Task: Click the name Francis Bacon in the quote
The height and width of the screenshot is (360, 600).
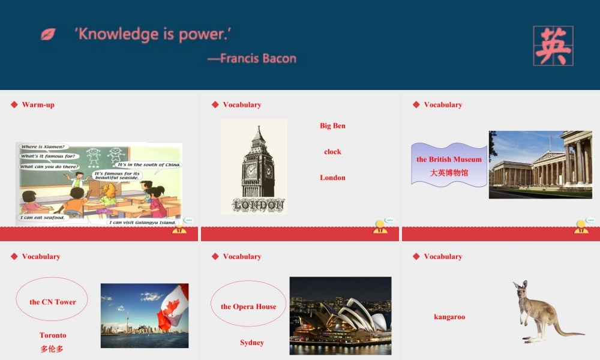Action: coord(258,58)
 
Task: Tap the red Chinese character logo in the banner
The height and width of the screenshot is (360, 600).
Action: coord(553,46)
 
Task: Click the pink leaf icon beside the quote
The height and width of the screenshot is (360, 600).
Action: coord(48,34)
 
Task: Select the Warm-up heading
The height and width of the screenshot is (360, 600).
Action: coord(38,104)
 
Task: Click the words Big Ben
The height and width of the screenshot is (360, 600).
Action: coord(332,126)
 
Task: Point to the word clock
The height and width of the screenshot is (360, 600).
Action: coord(332,152)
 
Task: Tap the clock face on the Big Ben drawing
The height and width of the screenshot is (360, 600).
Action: coord(251,170)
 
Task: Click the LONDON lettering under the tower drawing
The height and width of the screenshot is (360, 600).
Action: coord(259,205)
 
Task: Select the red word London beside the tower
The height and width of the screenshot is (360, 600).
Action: coord(332,178)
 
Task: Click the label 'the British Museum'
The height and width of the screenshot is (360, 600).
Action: coord(449,160)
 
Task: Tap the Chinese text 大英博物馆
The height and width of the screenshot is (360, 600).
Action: coord(449,173)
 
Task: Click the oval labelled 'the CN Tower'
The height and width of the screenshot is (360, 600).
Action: coord(52,301)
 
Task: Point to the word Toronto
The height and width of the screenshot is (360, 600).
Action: coord(53,335)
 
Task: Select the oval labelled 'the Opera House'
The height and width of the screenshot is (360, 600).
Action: coord(248,306)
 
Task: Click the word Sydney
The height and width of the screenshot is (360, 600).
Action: coord(252,343)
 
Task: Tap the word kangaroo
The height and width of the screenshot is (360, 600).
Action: coord(449,317)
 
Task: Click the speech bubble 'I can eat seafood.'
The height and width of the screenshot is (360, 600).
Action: coord(41,218)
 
